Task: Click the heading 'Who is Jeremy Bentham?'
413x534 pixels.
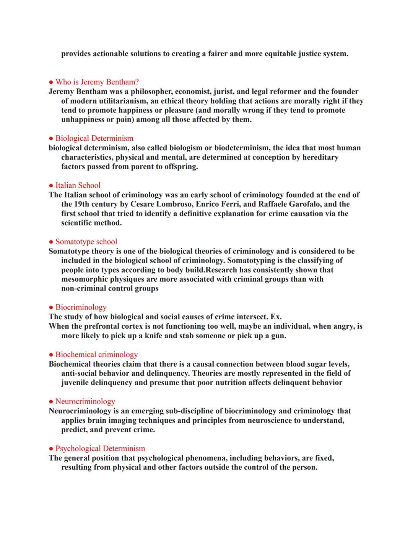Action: coord(97,82)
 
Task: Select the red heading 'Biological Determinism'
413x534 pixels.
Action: coord(94,138)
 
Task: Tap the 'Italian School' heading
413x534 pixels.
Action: coord(78,185)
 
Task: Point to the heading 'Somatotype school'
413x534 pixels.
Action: coord(86,241)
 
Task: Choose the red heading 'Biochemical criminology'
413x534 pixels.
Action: coord(97,354)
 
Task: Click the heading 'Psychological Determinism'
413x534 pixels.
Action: coord(100,448)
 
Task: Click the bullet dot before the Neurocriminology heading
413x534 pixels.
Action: coord(51,402)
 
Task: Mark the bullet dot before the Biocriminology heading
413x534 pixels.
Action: coord(51,307)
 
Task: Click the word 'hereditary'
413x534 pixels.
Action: coord(320,157)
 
